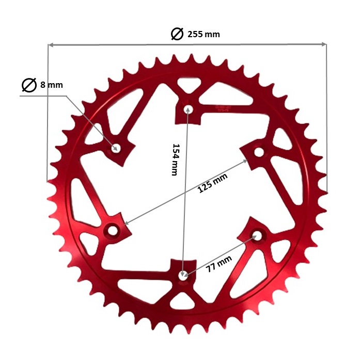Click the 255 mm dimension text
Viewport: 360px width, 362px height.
(203, 35)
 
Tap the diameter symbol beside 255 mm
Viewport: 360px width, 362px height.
(177, 34)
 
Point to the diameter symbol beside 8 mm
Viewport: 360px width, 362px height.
(29, 85)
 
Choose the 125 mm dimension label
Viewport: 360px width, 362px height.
(212, 184)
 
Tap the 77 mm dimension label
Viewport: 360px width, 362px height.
(218, 262)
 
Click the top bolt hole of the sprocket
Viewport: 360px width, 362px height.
(189, 109)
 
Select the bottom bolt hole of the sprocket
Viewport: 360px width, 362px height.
(183, 275)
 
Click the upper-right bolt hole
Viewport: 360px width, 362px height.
(258, 152)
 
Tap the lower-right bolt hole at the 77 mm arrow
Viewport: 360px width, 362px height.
(256, 235)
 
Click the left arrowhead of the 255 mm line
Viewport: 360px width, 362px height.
(51, 45)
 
